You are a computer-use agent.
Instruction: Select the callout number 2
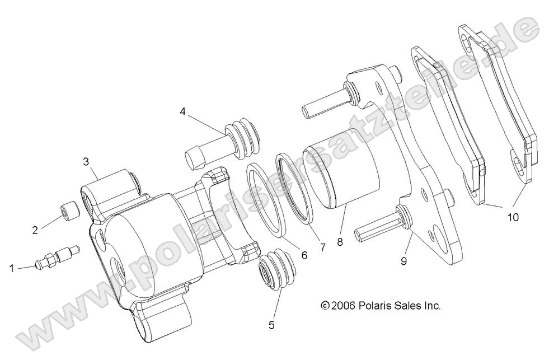(x=35, y=229)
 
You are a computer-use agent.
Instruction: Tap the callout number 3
(x=86, y=162)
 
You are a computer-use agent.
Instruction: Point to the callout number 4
(x=183, y=111)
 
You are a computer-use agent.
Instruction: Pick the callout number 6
(x=304, y=255)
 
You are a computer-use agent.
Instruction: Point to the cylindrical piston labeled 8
(x=341, y=174)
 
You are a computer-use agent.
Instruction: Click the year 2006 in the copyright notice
(x=343, y=306)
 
